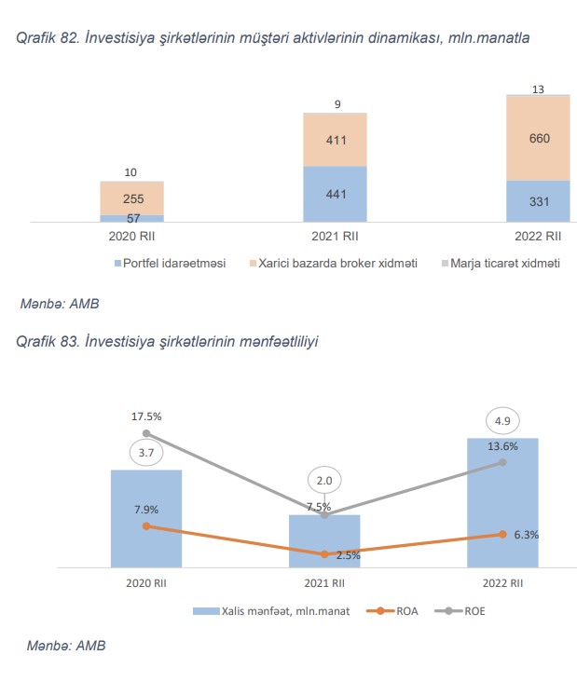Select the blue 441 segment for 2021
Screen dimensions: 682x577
(335, 195)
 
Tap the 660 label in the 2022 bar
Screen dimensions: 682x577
(539, 139)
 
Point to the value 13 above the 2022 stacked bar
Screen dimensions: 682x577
(539, 89)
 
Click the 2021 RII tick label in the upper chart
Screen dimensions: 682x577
(335, 236)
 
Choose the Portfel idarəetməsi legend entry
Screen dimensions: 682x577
(170, 264)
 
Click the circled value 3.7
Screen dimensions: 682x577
(145, 453)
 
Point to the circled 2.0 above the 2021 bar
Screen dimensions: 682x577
(324, 480)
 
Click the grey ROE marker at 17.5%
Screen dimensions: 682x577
(146, 433)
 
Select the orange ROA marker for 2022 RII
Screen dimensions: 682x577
(503, 535)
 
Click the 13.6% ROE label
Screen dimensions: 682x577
(503, 446)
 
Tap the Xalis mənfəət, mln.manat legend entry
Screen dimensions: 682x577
(272, 611)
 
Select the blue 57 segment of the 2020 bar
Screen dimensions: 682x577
(131, 218)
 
